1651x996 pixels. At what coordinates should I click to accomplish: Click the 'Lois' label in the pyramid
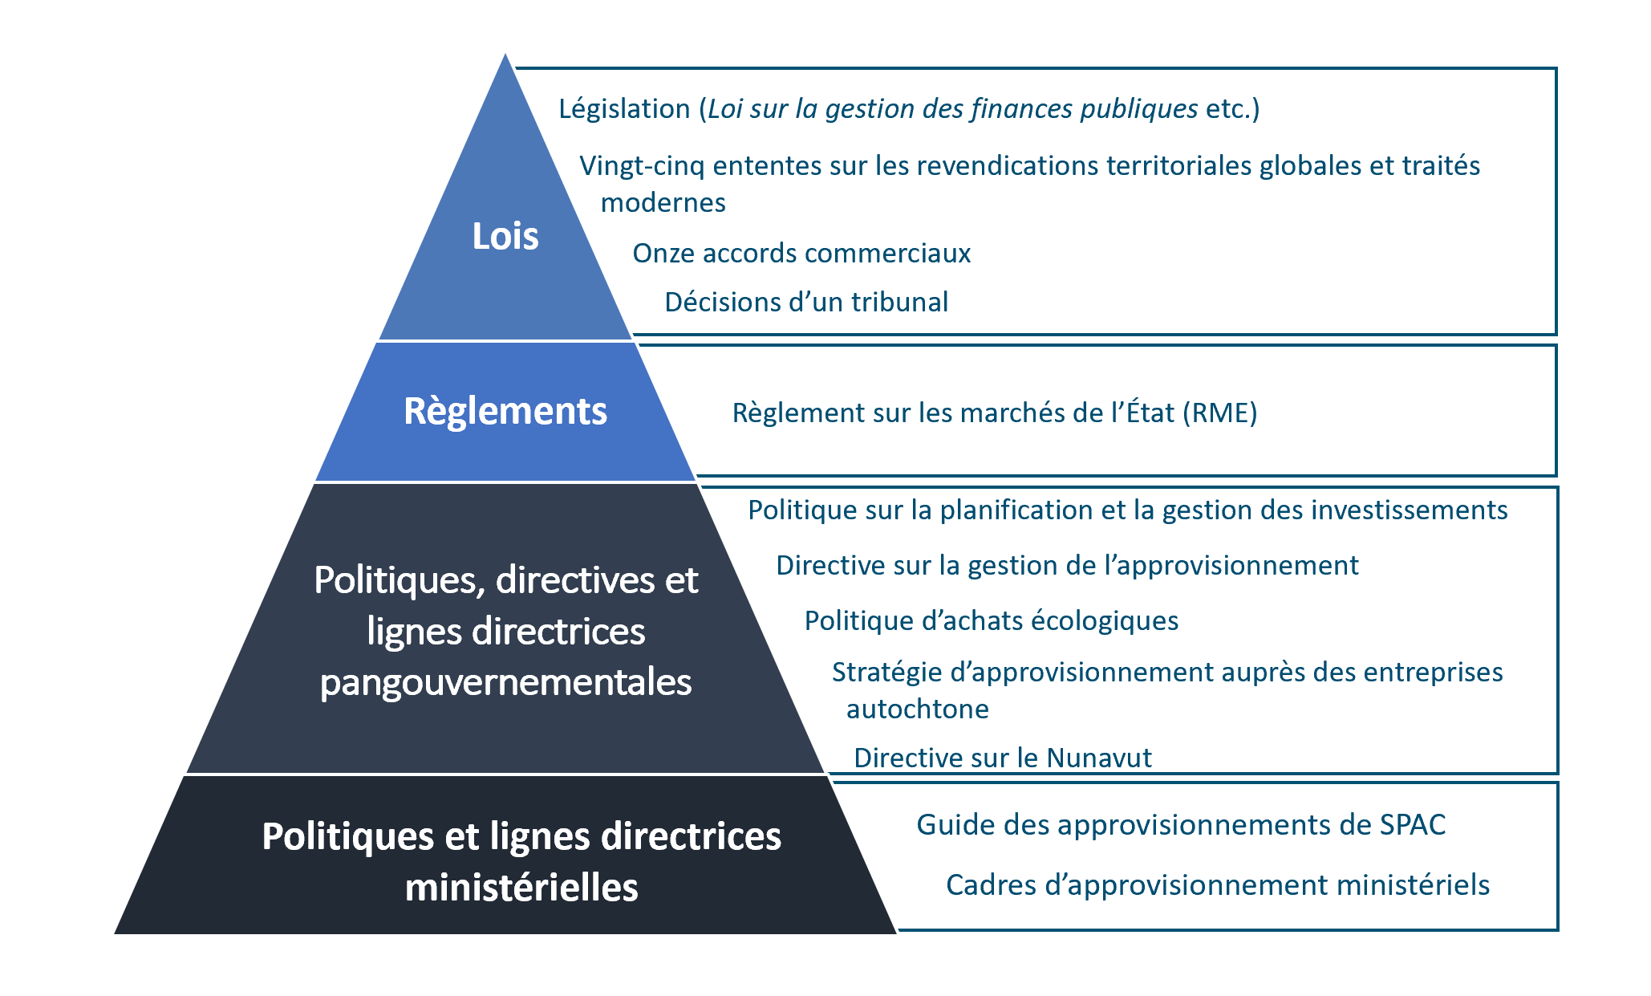click(505, 236)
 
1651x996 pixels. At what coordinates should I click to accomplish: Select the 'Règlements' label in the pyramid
click(505, 412)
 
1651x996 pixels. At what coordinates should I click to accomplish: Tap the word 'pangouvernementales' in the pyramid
click(505, 683)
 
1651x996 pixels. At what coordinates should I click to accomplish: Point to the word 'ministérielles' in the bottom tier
click(521, 888)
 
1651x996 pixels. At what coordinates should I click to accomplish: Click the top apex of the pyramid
click(505, 54)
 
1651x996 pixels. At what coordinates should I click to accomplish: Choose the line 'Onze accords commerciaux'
click(801, 254)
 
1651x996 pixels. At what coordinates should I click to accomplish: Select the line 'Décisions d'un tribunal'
click(806, 303)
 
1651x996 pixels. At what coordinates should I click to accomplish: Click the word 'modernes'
click(663, 203)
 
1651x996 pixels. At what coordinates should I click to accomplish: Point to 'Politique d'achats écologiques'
click(992, 621)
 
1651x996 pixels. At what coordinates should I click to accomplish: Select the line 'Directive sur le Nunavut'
click(1003, 758)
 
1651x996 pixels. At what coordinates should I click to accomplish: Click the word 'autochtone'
click(918, 709)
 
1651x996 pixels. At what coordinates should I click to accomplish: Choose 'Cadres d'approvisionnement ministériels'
click(1218, 885)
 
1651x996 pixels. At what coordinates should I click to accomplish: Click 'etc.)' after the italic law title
click(1232, 109)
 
